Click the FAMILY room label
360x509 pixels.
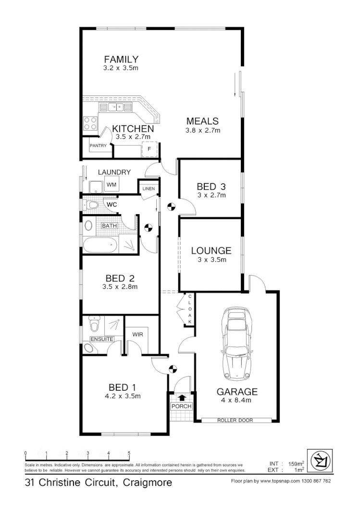[x=121, y=60]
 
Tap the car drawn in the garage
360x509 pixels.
[x=237, y=343]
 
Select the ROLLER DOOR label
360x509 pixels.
[x=235, y=420]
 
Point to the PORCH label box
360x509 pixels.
[x=181, y=406]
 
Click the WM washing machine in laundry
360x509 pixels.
[x=112, y=184]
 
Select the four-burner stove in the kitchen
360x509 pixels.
[x=90, y=123]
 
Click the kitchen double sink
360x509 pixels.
[x=115, y=107]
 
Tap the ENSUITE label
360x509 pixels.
[x=101, y=339]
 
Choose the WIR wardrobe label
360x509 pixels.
[x=138, y=334]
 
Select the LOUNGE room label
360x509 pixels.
[x=211, y=251]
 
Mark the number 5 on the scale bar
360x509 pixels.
[x=129, y=453]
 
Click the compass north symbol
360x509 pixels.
[x=319, y=462]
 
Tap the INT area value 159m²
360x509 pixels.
[x=296, y=464]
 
